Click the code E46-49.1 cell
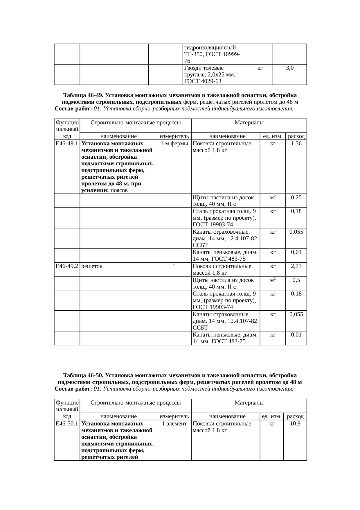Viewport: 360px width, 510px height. click(67, 143)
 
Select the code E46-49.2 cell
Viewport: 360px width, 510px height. click(67, 266)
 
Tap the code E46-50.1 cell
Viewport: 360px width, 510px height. click(67, 423)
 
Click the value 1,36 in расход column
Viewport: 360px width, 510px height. click(296, 143)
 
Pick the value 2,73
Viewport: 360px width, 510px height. click(296, 266)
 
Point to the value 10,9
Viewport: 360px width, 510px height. click(295, 423)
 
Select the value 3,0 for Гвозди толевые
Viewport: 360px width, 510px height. click(289, 68)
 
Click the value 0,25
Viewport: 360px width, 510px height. click(296, 197)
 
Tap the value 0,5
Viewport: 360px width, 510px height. click(296, 280)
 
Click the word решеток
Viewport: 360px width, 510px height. click(92, 266)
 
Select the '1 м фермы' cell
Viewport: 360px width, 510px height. click(174, 143)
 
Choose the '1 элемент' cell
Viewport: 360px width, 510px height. click(174, 423)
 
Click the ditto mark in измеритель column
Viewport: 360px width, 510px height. click(174, 265)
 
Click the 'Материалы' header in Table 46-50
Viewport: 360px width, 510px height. click(249, 402)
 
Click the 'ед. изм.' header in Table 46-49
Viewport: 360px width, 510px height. click(273, 136)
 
